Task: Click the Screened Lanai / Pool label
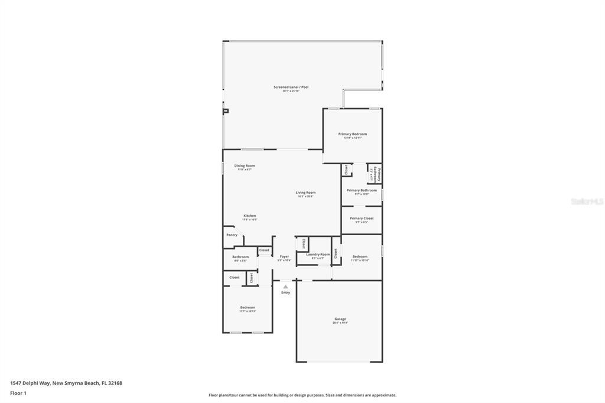pyautogui.click(x=291, y=87)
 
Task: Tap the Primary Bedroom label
pyautogui.click(x=352, y=134)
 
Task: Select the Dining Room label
pyautogui.click(x=245, y=165)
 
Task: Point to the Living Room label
pyautogui.click(x=305, y=192)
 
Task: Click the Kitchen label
pyautogui.click(x=250, y=216)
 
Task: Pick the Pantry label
pyautogui.click(x=232, y=235)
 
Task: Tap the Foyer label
pyautogui.click(x=284, y=256)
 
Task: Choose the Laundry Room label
pyautogui.click(x=318, y=254)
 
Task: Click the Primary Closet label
pyautogui.click(x=362, y=218)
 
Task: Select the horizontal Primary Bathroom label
pyautogui.click(x=362, y=190)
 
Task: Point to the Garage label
pyautogui.click(x=340, y=318)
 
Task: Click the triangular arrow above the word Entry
pyautogui.click(x=285, y=287)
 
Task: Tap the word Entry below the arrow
pyautogui.click(x=285, y=292)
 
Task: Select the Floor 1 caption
pyautogui.click(x=18, y=393)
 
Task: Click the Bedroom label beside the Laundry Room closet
pyautogui.click(x=360, y=256)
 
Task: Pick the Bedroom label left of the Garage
pyautogui.click(x=248, y=307)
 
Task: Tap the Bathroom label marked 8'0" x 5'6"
pyautogui.click(x=240, y=256)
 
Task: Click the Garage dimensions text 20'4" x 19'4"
pyautogui.click(x=340, y=323)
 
